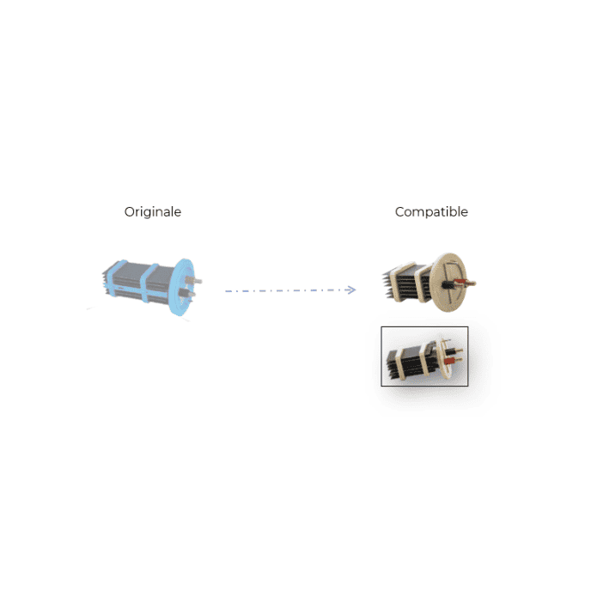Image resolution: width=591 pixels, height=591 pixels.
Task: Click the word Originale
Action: coord(153,212)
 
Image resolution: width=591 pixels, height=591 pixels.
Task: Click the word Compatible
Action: coord(431,212)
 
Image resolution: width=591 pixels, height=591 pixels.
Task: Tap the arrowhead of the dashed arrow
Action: coord(350,289)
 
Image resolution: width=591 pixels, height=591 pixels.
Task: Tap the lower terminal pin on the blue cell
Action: coord(187,293)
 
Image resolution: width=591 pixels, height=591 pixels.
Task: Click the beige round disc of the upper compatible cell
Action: coord(448,283)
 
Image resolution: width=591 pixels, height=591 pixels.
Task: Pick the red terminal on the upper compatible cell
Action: coord(460,282)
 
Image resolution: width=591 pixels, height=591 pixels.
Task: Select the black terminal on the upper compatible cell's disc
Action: coord(448,284)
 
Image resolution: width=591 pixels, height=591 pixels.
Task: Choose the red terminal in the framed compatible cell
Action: coord(448,362)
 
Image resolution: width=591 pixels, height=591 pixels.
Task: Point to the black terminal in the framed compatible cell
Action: coord(449,352)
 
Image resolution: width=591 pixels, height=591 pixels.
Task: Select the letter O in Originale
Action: coord(129,212)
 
